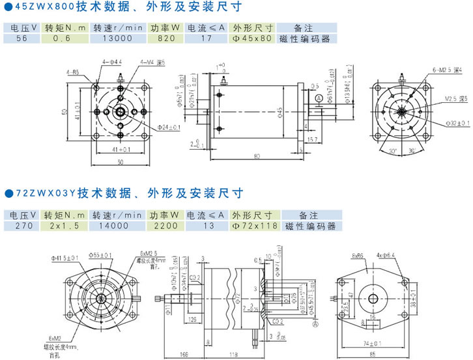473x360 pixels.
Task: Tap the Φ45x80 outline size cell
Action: (252, 38)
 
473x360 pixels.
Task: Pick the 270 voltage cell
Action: (21, 226)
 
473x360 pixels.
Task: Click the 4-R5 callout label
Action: (72, 72)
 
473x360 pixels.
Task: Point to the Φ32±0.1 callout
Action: (456, 122)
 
